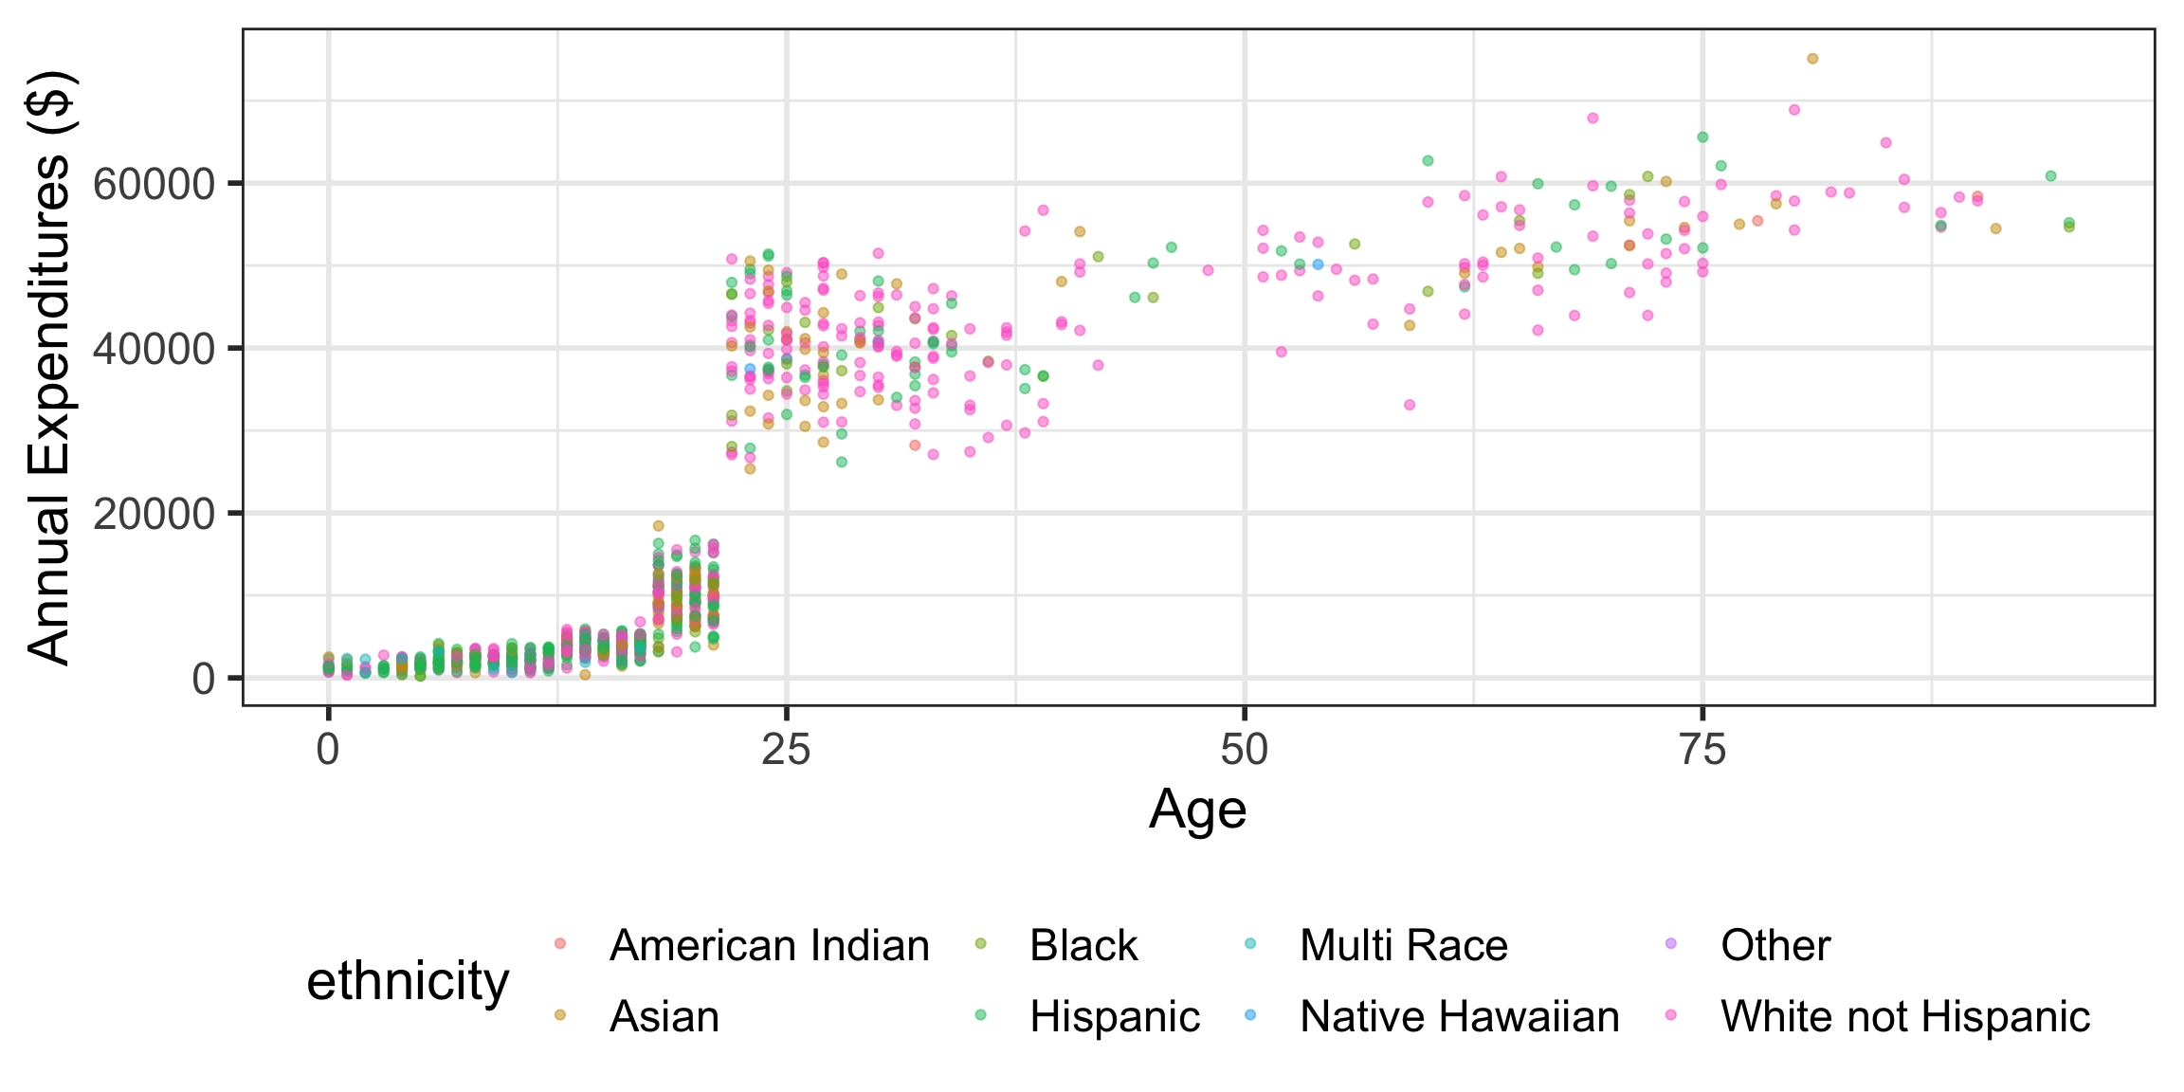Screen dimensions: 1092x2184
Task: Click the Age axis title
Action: (x=1197, y=810)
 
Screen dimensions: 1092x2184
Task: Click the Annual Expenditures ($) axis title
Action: (x=49, y=368)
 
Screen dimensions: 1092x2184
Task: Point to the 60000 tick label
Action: (x=155, y=184)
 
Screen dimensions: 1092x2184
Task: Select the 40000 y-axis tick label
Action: (x=155, y=349)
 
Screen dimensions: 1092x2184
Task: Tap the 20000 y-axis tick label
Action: (x=155, y=514)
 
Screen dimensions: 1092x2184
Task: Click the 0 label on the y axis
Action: (x=204, y=679)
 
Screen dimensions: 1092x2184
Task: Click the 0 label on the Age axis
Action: (x=328, y=751)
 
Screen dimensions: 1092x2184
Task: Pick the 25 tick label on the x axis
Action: (x=786, y=751)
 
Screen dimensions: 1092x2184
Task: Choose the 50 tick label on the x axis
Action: (x=1244, y=751)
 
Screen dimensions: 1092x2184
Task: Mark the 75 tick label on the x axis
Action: (x=1702, y=751)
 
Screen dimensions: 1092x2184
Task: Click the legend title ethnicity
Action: (x=408, y=981)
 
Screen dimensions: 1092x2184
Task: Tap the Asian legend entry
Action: (x=664, y=1016)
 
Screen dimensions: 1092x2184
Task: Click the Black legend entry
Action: (x=1083, y=945)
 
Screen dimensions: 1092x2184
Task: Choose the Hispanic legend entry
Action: (x=1115, y=1016)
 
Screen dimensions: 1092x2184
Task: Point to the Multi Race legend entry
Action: (x=1403, y=945)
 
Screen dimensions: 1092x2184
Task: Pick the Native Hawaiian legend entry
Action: (x=1459, y=1016)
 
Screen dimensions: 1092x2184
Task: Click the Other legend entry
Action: (x=1775, y=945)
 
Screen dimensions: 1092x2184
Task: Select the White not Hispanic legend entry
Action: (x=1905, y=1016)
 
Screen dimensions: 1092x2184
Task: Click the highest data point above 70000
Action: (x=1812, y=59)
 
